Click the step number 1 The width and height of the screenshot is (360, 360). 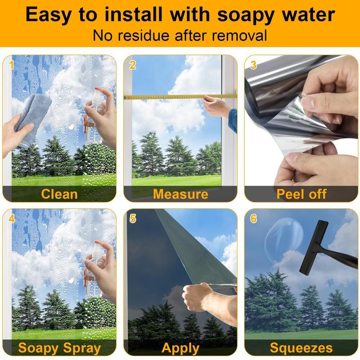click(12, 65)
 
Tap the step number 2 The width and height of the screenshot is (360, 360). click(132, 65)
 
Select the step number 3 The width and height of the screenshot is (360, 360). click(253, 65)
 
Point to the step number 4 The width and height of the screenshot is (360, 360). click(12, 218)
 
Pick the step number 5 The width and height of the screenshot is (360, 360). click(133, 218)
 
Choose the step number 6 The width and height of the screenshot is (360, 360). click(253, 218)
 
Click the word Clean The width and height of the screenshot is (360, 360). click(59, 194)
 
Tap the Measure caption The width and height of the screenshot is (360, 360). click(180, 194)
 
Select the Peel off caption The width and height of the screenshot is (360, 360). click(301, 194)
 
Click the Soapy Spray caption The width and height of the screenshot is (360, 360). click(59, 348)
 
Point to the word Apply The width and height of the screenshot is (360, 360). click(180, 348)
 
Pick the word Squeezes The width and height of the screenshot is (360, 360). click(301, 348)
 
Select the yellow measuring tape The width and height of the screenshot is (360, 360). click(180, 97)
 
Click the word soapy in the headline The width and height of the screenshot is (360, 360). click(246, 15)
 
